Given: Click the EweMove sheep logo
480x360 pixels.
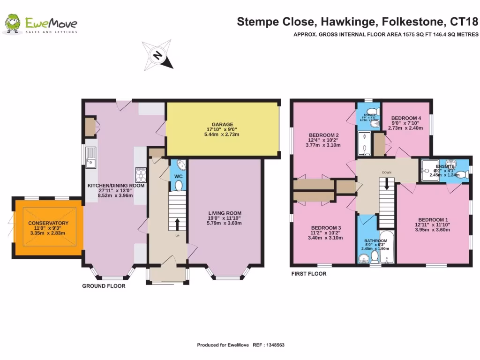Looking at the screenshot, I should [13, 24].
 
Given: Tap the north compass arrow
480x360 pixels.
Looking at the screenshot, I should [158, 56].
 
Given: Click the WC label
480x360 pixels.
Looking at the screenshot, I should [178, 176].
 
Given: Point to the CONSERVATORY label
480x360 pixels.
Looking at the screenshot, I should [48, 223].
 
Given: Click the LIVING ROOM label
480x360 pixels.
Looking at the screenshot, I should [225, 213].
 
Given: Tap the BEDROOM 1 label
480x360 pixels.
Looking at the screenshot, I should [433, 220].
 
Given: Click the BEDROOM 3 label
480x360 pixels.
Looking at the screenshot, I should [322, 228].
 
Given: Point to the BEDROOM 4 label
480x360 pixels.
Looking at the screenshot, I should [406, 118].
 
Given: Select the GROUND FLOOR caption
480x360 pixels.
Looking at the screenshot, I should [104, 286].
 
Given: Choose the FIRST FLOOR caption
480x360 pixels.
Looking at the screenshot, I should [308, 274].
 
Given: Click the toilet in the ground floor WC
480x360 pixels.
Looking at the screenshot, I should [178, 186].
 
